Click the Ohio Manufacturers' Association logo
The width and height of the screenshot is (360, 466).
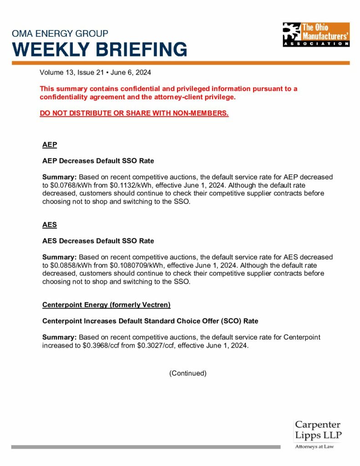pos(316,35)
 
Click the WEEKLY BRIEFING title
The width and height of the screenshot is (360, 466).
pos(99,49)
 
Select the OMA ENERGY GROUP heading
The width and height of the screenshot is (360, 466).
pos(60,34)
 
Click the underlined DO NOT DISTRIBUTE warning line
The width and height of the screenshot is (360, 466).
pos(134,113)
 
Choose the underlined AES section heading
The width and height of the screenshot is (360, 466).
pos(50,225)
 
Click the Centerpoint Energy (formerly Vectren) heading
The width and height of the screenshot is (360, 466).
pos(106,304)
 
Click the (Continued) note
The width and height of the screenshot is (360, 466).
pos(188,373)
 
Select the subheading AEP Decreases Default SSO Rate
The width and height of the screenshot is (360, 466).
pos(98,161)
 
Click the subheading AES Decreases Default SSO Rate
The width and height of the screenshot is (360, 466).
pos(98,241)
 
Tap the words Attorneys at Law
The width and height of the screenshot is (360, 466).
pos(314,447)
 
